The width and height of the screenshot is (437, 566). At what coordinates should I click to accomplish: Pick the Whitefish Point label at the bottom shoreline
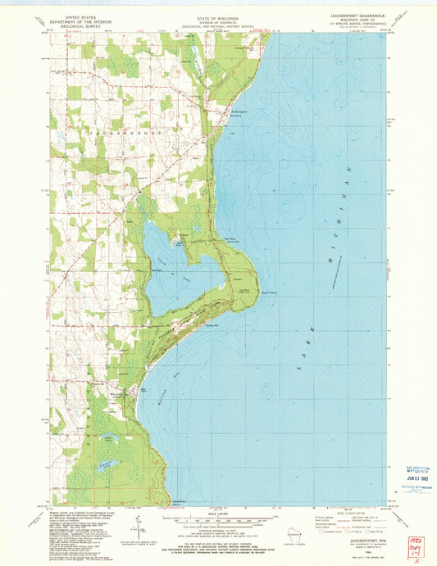click(x=175, y=501)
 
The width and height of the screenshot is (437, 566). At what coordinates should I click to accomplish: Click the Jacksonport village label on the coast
click(x=238, y=111)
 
